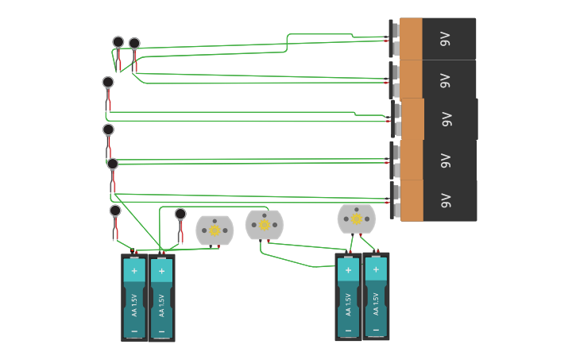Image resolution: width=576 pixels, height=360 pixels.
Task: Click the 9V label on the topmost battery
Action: tap(446, 38)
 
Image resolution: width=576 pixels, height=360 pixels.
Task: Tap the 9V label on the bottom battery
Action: tap(446, 200)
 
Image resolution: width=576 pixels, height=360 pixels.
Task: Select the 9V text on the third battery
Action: tap(446, 119)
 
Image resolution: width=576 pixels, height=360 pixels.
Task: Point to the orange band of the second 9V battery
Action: tap(411, 79)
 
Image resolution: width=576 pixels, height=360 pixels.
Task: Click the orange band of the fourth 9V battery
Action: tap(411, 160)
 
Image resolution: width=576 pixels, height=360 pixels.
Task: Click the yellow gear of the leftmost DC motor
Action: tap(215, 230)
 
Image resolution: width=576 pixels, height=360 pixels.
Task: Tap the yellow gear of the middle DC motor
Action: tap(265, 225)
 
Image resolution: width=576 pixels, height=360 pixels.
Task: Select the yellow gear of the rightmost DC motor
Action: tap(357, 219)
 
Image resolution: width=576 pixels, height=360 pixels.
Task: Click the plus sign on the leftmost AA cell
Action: tap(134, 270)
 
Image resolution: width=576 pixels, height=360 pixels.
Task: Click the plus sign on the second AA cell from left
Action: tap(161, 271)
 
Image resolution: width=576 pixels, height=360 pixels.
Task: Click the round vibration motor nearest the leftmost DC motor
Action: tap(180, 214)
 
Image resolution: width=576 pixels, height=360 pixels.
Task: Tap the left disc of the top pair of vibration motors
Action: tap(118, 42)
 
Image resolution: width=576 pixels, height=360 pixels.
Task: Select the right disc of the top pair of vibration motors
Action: tap(134, 44)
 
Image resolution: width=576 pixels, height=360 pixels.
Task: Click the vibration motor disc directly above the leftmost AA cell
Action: tap(115, 211)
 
